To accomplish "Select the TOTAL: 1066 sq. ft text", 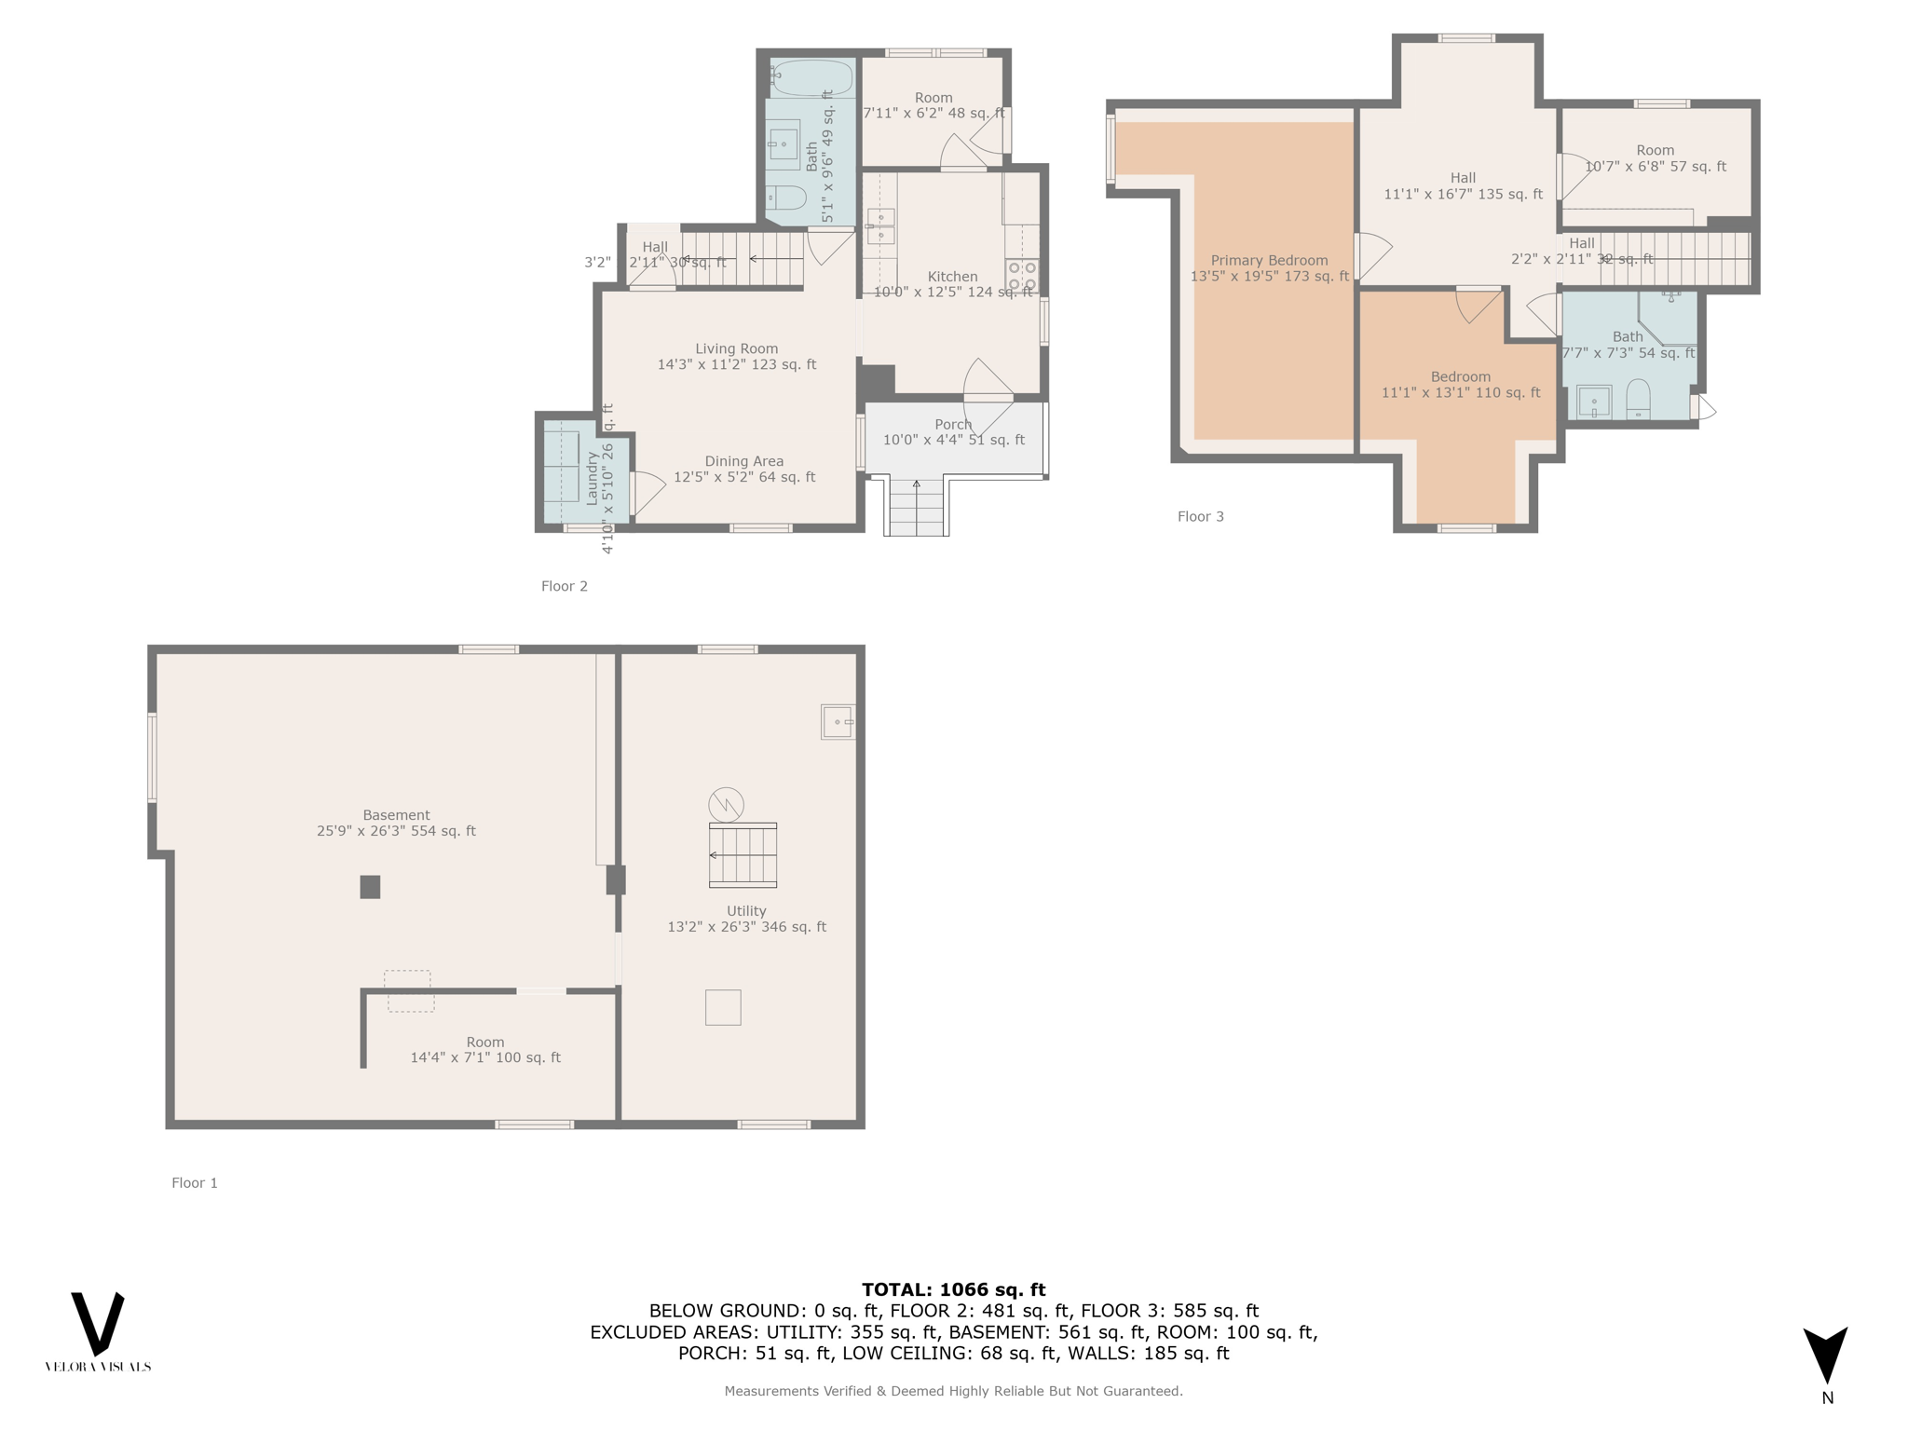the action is click(953, 1290).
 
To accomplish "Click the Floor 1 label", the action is click(195, 1183).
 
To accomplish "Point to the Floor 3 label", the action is click(1201, 517).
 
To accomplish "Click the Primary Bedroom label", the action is click(1269, 261).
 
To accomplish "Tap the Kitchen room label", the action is click(953, 277).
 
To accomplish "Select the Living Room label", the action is click(737, 349).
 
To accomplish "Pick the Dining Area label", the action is click(744, 461).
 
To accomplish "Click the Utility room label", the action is click(746, 911).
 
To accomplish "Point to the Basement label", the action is click(396, 815).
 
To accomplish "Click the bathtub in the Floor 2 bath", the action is click(811, 78).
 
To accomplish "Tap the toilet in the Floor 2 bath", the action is click(786, 198).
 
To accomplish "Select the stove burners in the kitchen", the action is click(1022, 276).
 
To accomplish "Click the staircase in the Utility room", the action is click(743, 855).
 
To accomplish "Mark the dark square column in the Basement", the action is click(370, 887).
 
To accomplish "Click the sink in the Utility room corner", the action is click(838, 722).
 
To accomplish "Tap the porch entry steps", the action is click(916, 508).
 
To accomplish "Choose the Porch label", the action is click(953, 425).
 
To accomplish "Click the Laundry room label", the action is click(591, 478).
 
